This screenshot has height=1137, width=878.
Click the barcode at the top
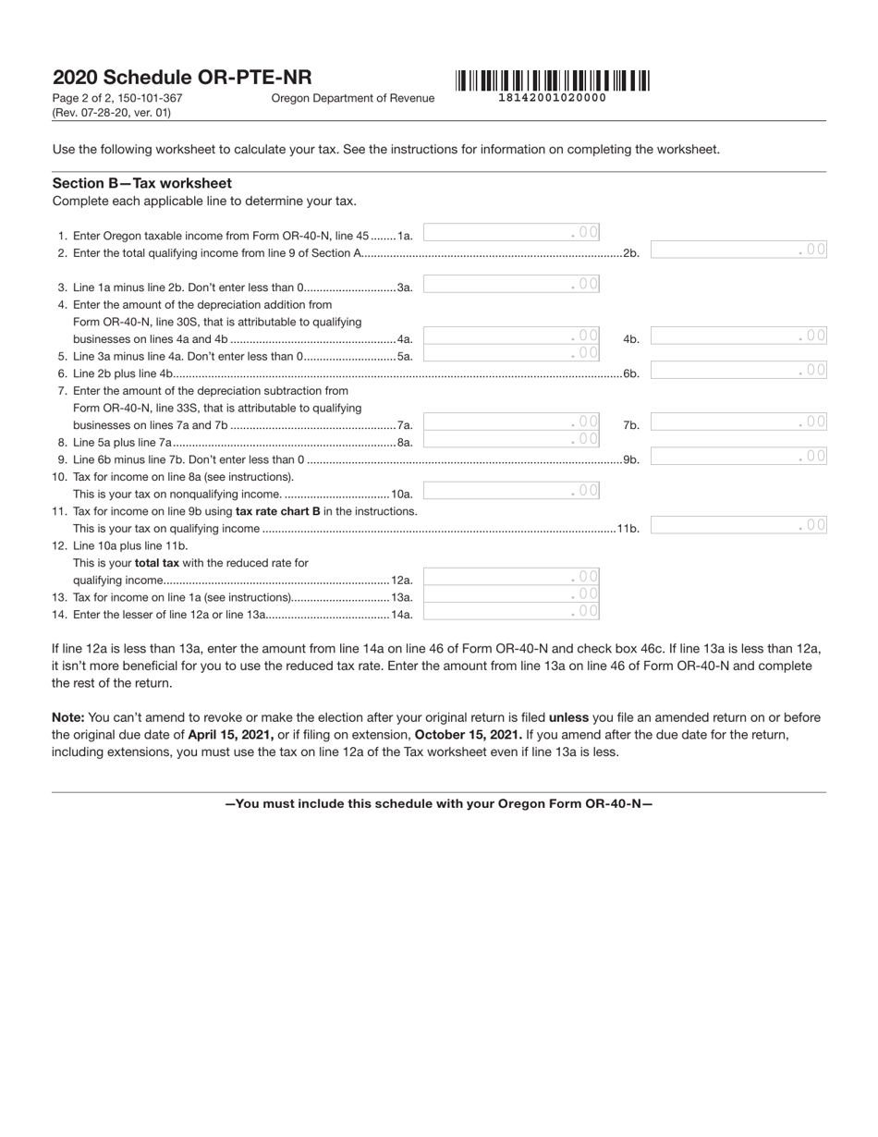click(552, 80)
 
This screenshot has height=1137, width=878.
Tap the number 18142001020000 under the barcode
click(552, 98)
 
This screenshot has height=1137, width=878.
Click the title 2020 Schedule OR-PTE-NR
click(182, 78)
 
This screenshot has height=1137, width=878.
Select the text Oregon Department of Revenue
click(352, 98)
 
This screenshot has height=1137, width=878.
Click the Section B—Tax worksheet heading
click(142, 183)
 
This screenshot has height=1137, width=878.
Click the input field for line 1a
click(511, 233)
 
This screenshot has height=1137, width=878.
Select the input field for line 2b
click(738, 250)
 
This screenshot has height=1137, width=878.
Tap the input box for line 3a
click(511, 285)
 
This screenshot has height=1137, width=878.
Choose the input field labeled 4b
click(738, 336)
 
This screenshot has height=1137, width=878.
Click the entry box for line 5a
click(511, 353)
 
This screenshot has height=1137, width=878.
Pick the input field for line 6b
click(738, 371)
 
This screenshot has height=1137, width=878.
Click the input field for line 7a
click(511, 422)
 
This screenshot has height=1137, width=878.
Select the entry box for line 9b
click(738, 457)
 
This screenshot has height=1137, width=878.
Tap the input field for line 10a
click(511, 491)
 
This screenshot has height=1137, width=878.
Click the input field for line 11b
click(738, 526)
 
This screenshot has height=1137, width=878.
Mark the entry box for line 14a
click(511, 612)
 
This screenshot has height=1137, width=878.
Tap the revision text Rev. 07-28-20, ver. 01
click(112, 113)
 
